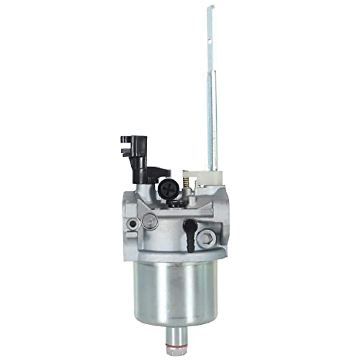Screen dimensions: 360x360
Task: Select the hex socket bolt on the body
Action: click(207, 237)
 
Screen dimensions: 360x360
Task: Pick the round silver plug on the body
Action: click(150, 222)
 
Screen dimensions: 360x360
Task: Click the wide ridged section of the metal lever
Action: click(212, 120)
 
